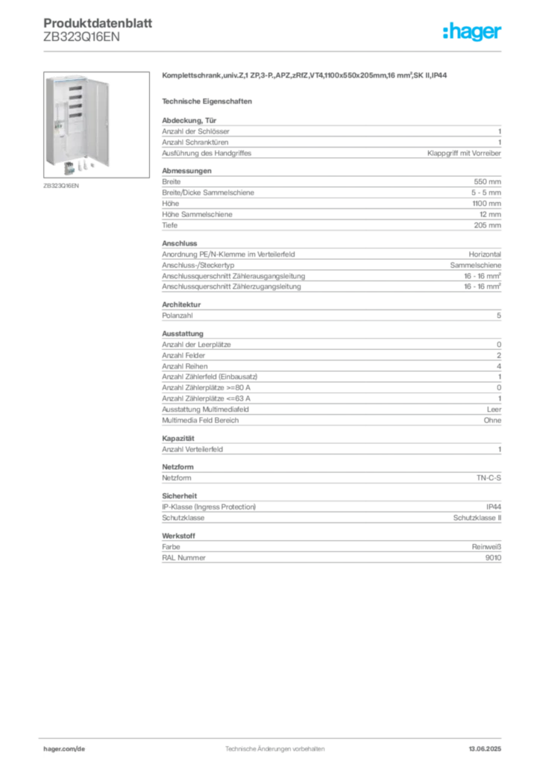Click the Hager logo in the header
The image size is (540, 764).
click(472, 31)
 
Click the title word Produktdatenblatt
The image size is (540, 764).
click(98, 23)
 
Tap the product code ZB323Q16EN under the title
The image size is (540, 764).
click(81, 37)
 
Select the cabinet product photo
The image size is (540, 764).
click(96, 125)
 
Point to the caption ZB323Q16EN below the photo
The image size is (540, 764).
click(61, 186)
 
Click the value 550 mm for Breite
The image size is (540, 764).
click(487, 182)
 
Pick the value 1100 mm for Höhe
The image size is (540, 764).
click(486, 203)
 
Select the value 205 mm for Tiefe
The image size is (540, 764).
click(487, 225)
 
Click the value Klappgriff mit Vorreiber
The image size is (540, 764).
click(464, 153)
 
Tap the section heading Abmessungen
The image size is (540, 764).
click(186, 171)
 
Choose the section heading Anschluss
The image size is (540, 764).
click(179, 243)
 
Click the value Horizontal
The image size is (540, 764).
click(485, 254)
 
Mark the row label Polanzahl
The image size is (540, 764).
click(178, 316)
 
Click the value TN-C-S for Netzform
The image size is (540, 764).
click(489, 478)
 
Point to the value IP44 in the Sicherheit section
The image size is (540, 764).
click(494, 507)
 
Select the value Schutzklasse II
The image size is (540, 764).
click(477, 518)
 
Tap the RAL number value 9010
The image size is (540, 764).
click(493, 558)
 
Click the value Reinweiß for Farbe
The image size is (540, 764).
click(486, 547)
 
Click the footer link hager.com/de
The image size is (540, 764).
click(64, 749)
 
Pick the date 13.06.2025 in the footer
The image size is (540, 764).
click(485, 749)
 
